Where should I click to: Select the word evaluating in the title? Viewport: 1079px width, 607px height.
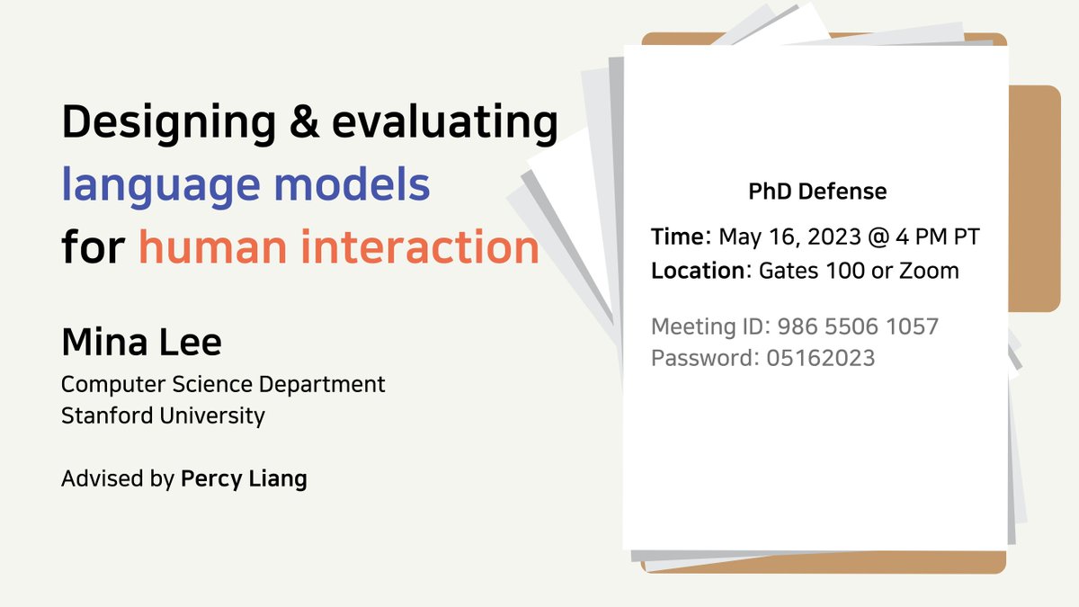pyautogui.click(x=445, y=122)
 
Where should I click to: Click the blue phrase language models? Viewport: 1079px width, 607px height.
pyautogui.click(x=245, y=184)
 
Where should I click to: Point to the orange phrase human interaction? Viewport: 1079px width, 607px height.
pyautogui.click(x=339, y=246)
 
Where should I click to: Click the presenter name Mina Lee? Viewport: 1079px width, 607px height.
pyautogui.click(x=141, y=343)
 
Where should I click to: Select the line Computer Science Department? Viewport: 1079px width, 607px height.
pyautogui.click(x=223, y=384)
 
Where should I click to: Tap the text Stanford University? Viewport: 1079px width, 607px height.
pyautogui.click(x=163, y=415)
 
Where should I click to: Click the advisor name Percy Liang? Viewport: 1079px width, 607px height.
pyautogui.click(x=244, y=478)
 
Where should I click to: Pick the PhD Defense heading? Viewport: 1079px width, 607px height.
pyautogui.click(x=817, y=192)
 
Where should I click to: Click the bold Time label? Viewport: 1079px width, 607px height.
pyautogui.click(x=678, y=237)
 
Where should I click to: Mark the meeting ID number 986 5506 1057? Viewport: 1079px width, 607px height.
pyautogui.click(x=858, y=326)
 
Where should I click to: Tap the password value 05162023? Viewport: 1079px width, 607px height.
pyautogui.click(x=820, y=358)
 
